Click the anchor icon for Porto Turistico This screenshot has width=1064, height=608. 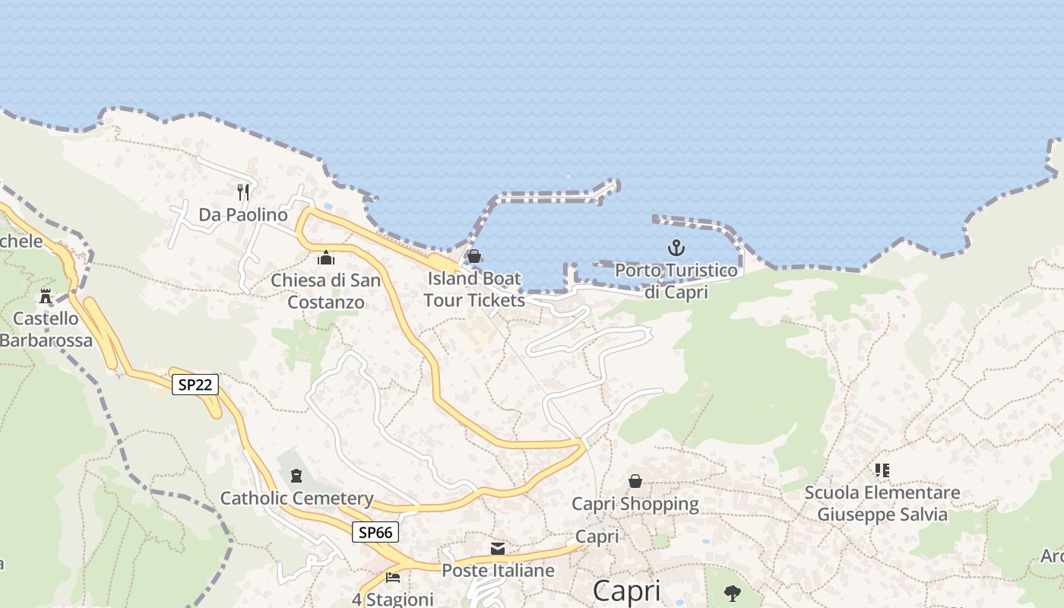tap(676, 248)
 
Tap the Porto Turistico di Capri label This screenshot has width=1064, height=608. tap(676, 280)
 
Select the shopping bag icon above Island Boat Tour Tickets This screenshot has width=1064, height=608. tap(474, 256)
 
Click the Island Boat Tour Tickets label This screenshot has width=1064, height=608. tap(473, 289)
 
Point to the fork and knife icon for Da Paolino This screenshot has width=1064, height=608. tap(243, 192)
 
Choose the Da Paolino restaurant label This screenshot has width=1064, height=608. tap(243, 214)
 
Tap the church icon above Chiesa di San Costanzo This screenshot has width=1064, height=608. tap(327, 258)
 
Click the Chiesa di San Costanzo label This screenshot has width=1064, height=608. tap(326, 291)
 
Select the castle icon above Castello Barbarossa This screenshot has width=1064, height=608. tap(46, 296)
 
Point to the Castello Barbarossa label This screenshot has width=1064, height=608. tap(46, 329)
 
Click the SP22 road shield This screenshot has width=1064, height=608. tap(195, 385)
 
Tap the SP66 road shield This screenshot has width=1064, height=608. tap(375, 532)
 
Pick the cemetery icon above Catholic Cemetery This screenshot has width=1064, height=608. tap(296, 476)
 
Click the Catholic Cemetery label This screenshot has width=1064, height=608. tap(296, 499)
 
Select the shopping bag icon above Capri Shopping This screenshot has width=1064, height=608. tap(635, 481)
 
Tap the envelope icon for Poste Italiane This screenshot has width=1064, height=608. tap(498, 548)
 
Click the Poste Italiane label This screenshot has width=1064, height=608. tap(498, 570)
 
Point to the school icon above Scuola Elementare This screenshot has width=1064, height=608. tap(882, 470)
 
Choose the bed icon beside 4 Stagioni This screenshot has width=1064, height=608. tap(393, 578)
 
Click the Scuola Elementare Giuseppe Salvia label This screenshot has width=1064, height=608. tap(882, 504)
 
